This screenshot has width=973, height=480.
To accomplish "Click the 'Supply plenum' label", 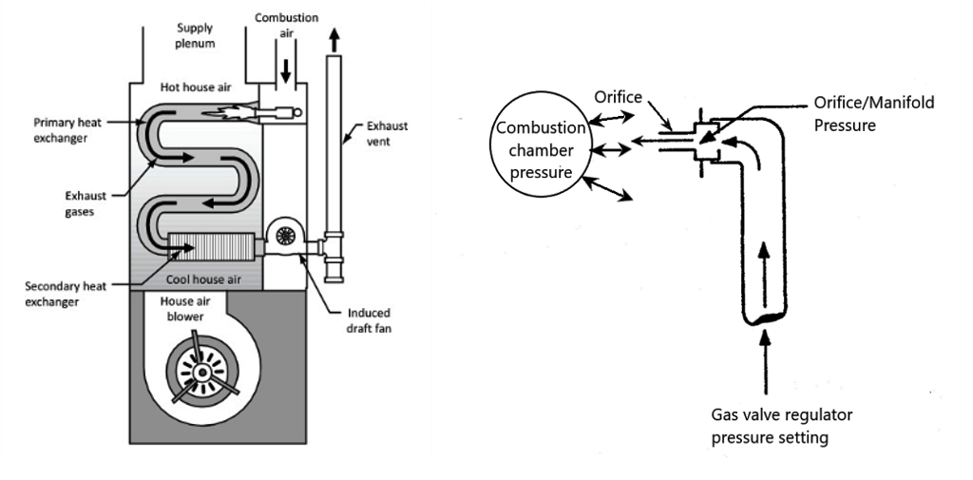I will coord(195,35).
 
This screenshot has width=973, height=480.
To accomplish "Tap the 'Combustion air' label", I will coord(286,25).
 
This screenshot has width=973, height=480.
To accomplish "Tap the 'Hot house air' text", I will coord(195,87).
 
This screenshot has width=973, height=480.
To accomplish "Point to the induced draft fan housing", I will coord(283,237).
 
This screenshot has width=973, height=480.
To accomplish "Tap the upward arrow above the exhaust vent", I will coord(333,39).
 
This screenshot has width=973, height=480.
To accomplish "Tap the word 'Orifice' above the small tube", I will coord(619,96).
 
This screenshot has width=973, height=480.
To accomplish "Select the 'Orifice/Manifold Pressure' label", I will coord(860,113).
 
